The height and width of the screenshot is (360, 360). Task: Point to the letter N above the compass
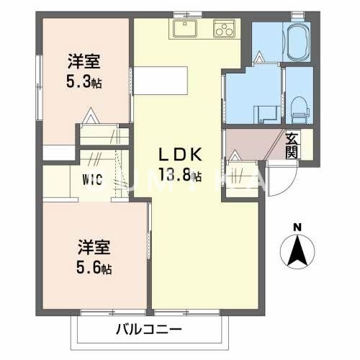coord(296,229)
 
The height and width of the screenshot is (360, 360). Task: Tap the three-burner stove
coord(224,30)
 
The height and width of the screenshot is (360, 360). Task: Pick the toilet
coord(300,108)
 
